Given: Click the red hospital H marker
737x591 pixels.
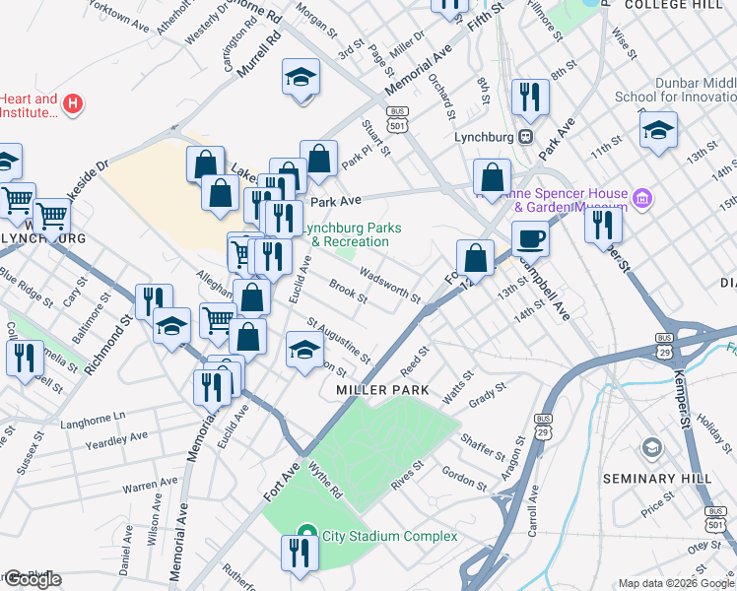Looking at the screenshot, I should tap(72, 102).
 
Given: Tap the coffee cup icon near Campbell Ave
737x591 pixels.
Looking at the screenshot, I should tap(530, 239).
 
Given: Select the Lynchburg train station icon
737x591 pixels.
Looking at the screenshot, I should tap(527, 136).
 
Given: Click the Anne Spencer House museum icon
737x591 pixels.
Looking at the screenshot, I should tap(643, 200).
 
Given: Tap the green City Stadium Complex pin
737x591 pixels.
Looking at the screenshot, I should tap(305, 535).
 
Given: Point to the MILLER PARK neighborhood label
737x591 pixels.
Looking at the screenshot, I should tap(382, 390).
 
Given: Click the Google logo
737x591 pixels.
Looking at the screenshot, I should tap(32, 579).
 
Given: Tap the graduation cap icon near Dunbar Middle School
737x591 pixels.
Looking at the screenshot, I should tap(658, 129).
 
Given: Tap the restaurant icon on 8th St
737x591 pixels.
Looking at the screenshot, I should tap(530, 97).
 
